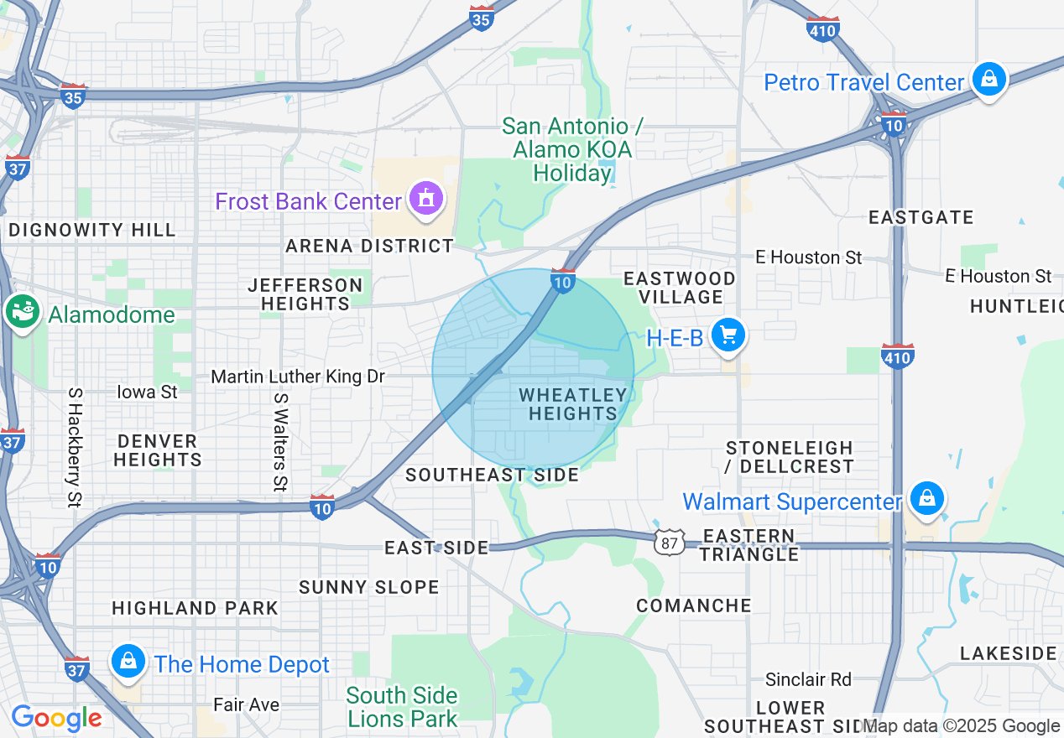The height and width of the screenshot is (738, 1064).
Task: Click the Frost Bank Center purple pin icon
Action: pos(427,200)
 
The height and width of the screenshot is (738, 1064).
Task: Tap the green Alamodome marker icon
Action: pos(23,313)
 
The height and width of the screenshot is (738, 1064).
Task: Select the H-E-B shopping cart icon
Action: pos(728,336)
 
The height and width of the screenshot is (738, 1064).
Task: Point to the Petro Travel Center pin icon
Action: pos(989,81)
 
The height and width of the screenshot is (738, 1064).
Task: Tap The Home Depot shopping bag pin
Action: pos(128,663)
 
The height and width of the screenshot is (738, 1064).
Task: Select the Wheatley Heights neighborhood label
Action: pos(573,404)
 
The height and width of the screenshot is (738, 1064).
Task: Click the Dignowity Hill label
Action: pos(92,230)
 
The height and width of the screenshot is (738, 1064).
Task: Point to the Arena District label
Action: pos(369,246)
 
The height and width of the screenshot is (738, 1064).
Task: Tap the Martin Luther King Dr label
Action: pos(298,377)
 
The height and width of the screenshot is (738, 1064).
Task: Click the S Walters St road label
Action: pos(280,439)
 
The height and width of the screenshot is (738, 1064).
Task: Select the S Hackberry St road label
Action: pos(75,447)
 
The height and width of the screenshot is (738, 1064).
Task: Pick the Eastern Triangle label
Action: pos(749,545)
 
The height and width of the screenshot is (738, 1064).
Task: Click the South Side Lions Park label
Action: pos(403,707)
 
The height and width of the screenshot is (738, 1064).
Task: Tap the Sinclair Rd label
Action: pos(808,679)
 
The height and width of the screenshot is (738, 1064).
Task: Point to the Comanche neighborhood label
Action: pos(694,605)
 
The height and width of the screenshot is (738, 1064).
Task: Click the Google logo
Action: pos(56,718)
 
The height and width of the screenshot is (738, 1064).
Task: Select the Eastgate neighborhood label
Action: pos(921,217)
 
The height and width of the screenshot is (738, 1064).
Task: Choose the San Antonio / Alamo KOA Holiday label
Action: pos(573,150)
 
